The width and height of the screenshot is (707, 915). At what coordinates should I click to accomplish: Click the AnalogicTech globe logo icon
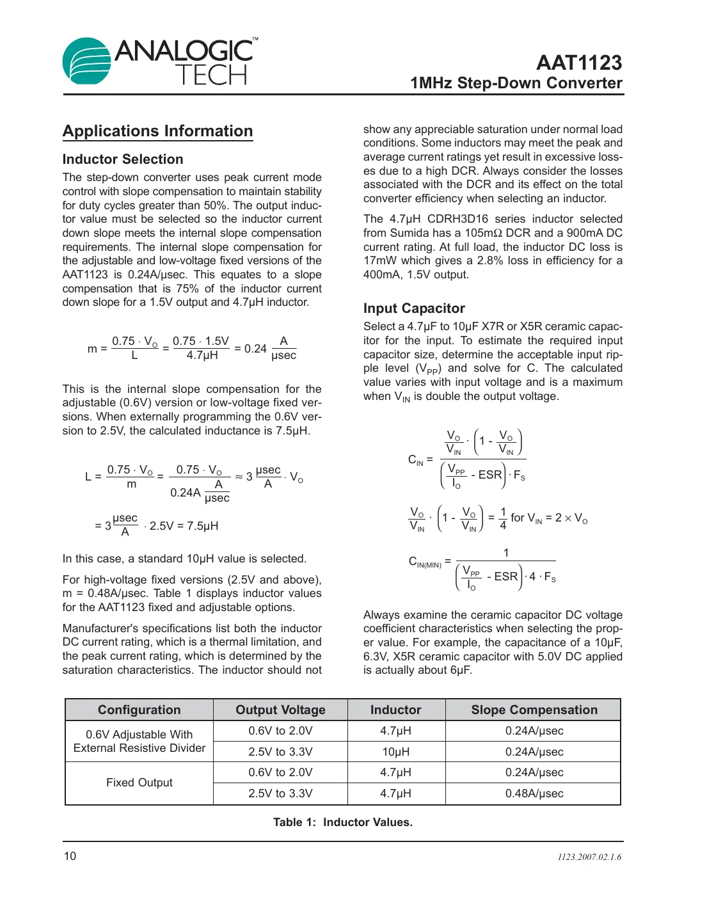pos(86,61)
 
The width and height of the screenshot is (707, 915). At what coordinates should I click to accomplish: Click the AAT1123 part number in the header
pos(578,63)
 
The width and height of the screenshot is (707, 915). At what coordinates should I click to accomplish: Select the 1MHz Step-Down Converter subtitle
pos(516,83)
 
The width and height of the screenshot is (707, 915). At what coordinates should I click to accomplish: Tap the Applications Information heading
pos(157,131)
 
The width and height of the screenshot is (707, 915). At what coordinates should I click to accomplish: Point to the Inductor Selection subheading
pos(123,159)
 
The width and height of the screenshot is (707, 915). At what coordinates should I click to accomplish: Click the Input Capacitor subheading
pos(414,308)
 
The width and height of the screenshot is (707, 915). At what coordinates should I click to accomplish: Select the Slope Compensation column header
pos(534,710)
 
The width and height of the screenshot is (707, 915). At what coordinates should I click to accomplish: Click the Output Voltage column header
pos(280,710)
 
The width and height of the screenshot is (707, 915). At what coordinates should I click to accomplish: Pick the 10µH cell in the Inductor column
pos(395,752)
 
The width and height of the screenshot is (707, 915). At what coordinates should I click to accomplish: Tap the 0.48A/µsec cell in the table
pos(534,793)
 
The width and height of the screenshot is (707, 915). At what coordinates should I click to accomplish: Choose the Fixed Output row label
pos(139,783)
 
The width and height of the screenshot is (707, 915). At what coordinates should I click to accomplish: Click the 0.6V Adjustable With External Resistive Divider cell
pos(139,741)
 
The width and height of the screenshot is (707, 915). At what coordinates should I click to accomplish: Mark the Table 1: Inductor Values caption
pos(342,822)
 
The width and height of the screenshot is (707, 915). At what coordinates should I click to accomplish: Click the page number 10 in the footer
pos(70,856)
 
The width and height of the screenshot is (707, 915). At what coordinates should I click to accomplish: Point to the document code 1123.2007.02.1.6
pos(589,857)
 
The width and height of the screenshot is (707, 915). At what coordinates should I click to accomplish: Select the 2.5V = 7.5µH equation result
pos(184,526)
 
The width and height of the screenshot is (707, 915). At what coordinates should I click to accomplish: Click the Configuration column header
pos(139,710)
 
